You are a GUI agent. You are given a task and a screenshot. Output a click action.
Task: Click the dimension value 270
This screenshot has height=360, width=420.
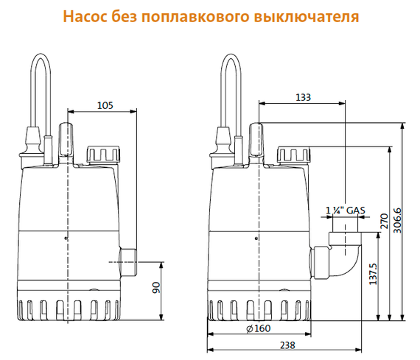(382, 223)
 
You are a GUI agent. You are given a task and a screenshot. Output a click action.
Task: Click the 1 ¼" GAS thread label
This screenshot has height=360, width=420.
(346, 211)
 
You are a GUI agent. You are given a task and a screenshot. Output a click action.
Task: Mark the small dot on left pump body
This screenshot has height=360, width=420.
(66, 239)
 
